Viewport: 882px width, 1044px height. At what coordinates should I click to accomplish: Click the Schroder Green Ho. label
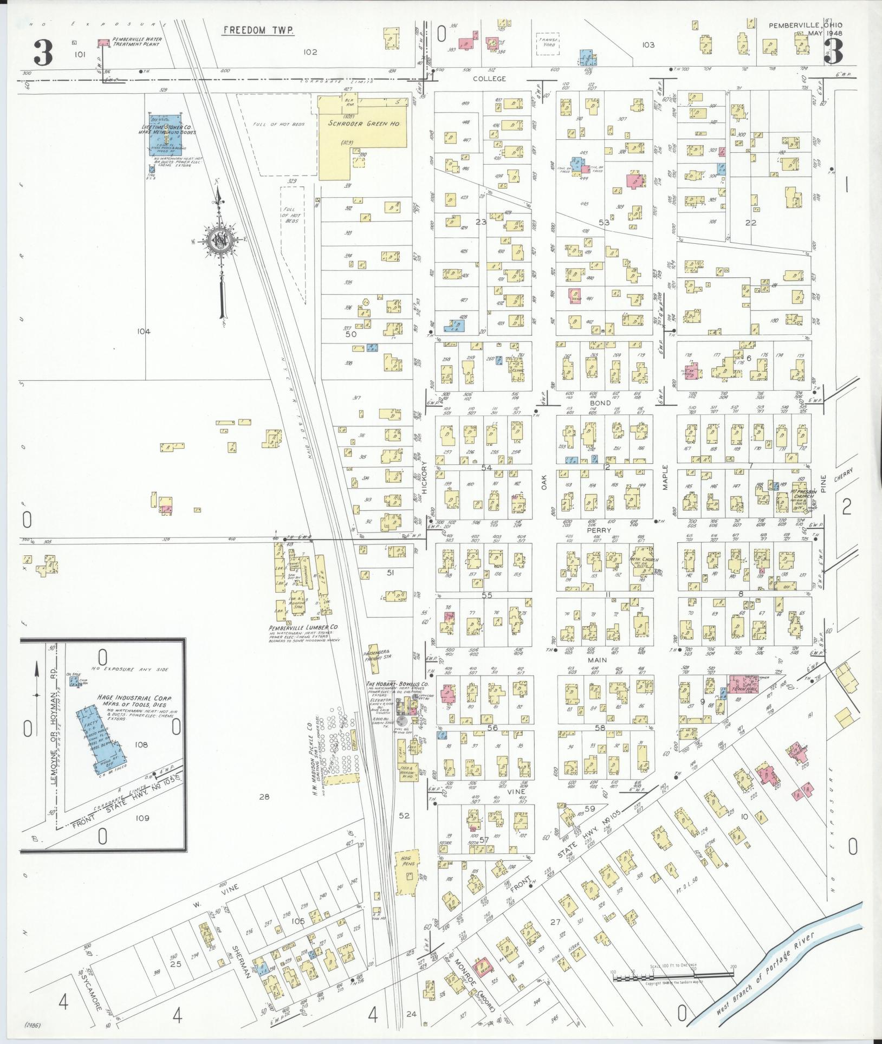(x=364, y=124)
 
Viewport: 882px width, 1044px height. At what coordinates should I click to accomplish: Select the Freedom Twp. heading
(x=258, y=30)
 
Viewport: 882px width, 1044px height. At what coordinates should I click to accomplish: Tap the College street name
(x=489, y=79)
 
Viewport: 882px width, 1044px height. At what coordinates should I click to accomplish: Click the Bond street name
(x=602, y=403)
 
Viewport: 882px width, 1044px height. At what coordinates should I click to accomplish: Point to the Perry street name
(x=601, y=530)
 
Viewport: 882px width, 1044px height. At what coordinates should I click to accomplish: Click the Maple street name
(x=665, y=478)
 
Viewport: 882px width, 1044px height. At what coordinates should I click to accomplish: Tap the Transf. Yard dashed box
(x=548, y=42)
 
